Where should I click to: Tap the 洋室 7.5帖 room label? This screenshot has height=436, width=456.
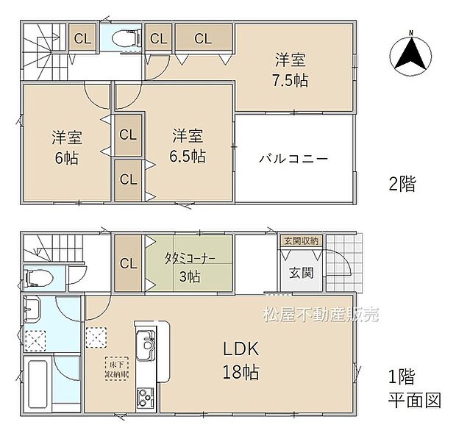tap(288, 70)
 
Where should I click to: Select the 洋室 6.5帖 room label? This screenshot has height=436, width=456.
tap(189, 146)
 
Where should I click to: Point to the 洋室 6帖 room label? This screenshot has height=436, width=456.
tap(66, 147)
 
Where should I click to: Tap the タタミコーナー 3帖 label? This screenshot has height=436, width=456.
tap(189, 268)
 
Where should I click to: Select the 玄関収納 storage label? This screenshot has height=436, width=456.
tap(299, 241)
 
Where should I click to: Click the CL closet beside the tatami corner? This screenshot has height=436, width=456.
tap(126, 263)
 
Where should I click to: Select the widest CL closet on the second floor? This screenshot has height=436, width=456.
tap(203, 39)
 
